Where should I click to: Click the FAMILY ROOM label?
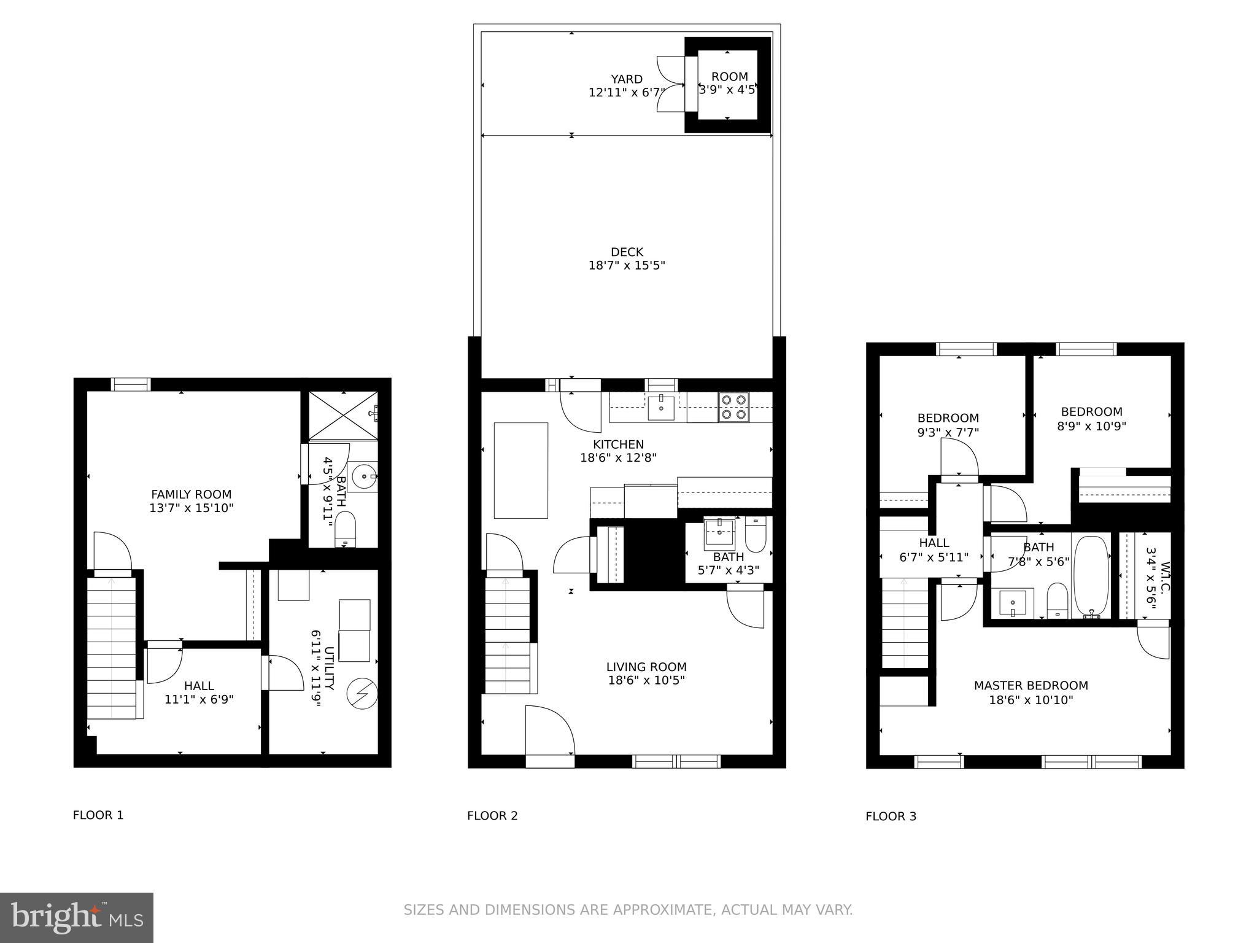(191, 494)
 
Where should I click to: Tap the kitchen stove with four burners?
(734, 407)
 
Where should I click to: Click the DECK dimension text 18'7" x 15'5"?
(626, 266)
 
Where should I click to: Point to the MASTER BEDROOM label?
(1031, 686)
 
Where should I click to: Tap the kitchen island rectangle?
(520, 470)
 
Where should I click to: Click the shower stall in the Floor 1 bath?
(342, 415)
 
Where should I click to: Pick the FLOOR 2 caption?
(492, 816)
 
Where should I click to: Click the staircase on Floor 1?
(111, 645)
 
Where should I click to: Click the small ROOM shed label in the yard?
(729, 77)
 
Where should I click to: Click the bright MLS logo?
(77, 917)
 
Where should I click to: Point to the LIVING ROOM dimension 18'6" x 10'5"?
(646, 680)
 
